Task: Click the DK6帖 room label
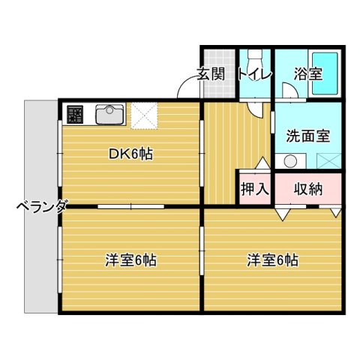tap(131, 154)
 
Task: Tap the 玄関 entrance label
tap(211, 73)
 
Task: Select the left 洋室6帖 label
tap(131, 261)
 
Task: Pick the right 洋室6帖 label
tap(273, 261)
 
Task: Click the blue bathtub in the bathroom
tap(327, 73)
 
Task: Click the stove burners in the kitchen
tap(76, 115)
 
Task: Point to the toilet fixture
tap(255, 59)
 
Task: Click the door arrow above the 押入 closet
tap(262, 163)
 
